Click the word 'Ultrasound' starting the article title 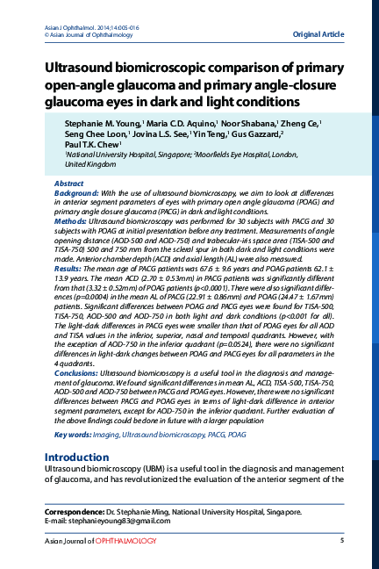point(82,67)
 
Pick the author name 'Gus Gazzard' point(255,135)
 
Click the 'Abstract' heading point(69,183)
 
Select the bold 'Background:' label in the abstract point(76,191)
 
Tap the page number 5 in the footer point(340,540)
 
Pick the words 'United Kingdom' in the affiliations point(90,163)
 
